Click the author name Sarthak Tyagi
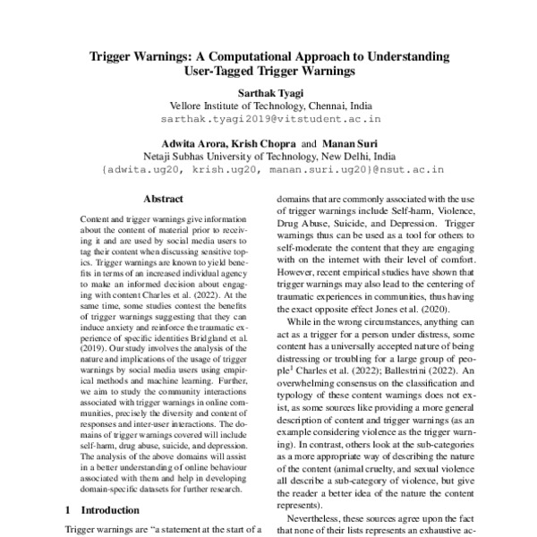(268, 92)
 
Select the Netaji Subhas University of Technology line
(268, 155)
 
